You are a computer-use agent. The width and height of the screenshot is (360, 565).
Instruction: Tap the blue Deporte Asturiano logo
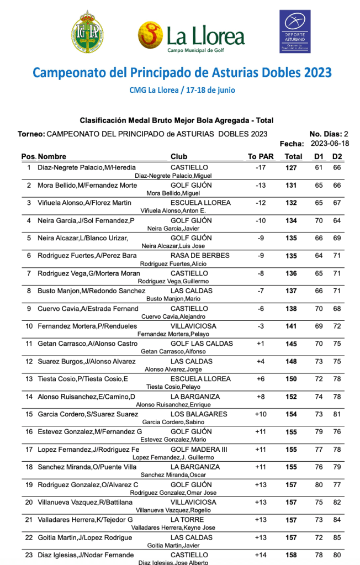pyautogui.click(x=295, y=31)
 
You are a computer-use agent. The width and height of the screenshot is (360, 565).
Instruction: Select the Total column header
pyautogui.click(x=293, y=156)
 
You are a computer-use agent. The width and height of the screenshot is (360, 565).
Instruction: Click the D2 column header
pyautogui.click(x=337, y=156)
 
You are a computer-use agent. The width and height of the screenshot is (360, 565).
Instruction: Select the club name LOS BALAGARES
pyautogui.click(x=199, y=414)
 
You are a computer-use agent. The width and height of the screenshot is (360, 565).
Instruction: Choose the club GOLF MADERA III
pyautogui.click(x=199, y=450)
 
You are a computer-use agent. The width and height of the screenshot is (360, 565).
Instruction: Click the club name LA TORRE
pyautogui.click(x=187, y=520)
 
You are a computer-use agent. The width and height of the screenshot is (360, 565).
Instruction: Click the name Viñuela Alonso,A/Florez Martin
pyautogui.click(x=84, y=203)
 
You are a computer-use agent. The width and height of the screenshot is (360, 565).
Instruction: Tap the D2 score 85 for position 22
pyautogui.click(x=337, y=537)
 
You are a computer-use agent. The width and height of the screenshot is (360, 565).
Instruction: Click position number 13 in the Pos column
pyautogui.click(x=29, y=379)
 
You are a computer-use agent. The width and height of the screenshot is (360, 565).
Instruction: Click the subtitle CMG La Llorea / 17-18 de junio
pyautogui.click(x=182, y=90)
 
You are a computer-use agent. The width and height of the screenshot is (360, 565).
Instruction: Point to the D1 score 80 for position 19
pyautogui.click(x=319, y=484)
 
